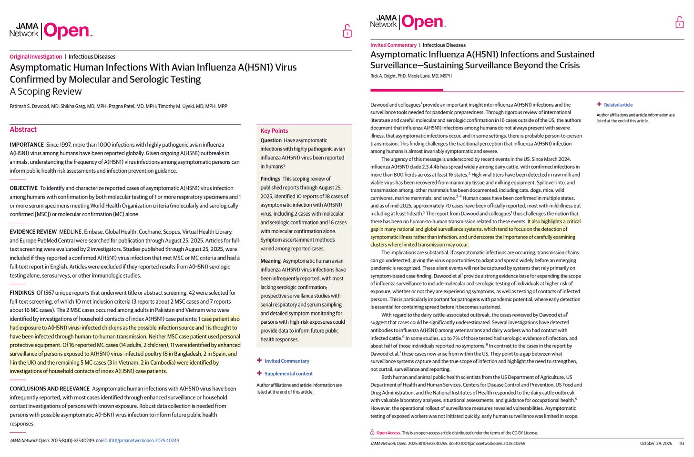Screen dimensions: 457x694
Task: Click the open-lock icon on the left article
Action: click(347, 31)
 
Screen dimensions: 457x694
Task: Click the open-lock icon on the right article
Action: click(679, 22)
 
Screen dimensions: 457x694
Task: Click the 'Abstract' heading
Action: click(23, 129)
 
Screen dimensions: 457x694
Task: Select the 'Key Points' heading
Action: click(274, 131)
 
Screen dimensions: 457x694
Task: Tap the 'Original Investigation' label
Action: click(36, 57)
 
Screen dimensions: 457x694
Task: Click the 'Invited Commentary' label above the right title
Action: click(393, 45)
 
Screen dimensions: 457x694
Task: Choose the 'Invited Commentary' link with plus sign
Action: click(286, 361)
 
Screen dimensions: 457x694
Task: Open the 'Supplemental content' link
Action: click(288, 374)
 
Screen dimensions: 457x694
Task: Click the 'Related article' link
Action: click(618, 105)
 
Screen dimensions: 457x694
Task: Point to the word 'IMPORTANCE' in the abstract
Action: click(27, 145)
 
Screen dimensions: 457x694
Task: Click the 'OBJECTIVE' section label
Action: click(23, 189)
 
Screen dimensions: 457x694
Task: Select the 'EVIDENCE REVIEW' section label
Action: click(33, 232)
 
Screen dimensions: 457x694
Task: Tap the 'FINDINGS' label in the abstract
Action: click(22, 293)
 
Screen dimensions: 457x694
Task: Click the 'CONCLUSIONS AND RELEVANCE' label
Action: click(50, 389)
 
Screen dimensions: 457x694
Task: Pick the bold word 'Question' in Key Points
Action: click(271, 140)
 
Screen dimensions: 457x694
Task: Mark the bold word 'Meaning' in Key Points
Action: click(270, 261)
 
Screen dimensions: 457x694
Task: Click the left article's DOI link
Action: click(141, 441)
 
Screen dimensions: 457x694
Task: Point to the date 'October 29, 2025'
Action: click(656, 444)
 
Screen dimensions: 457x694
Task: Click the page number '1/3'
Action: click(681, 444)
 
